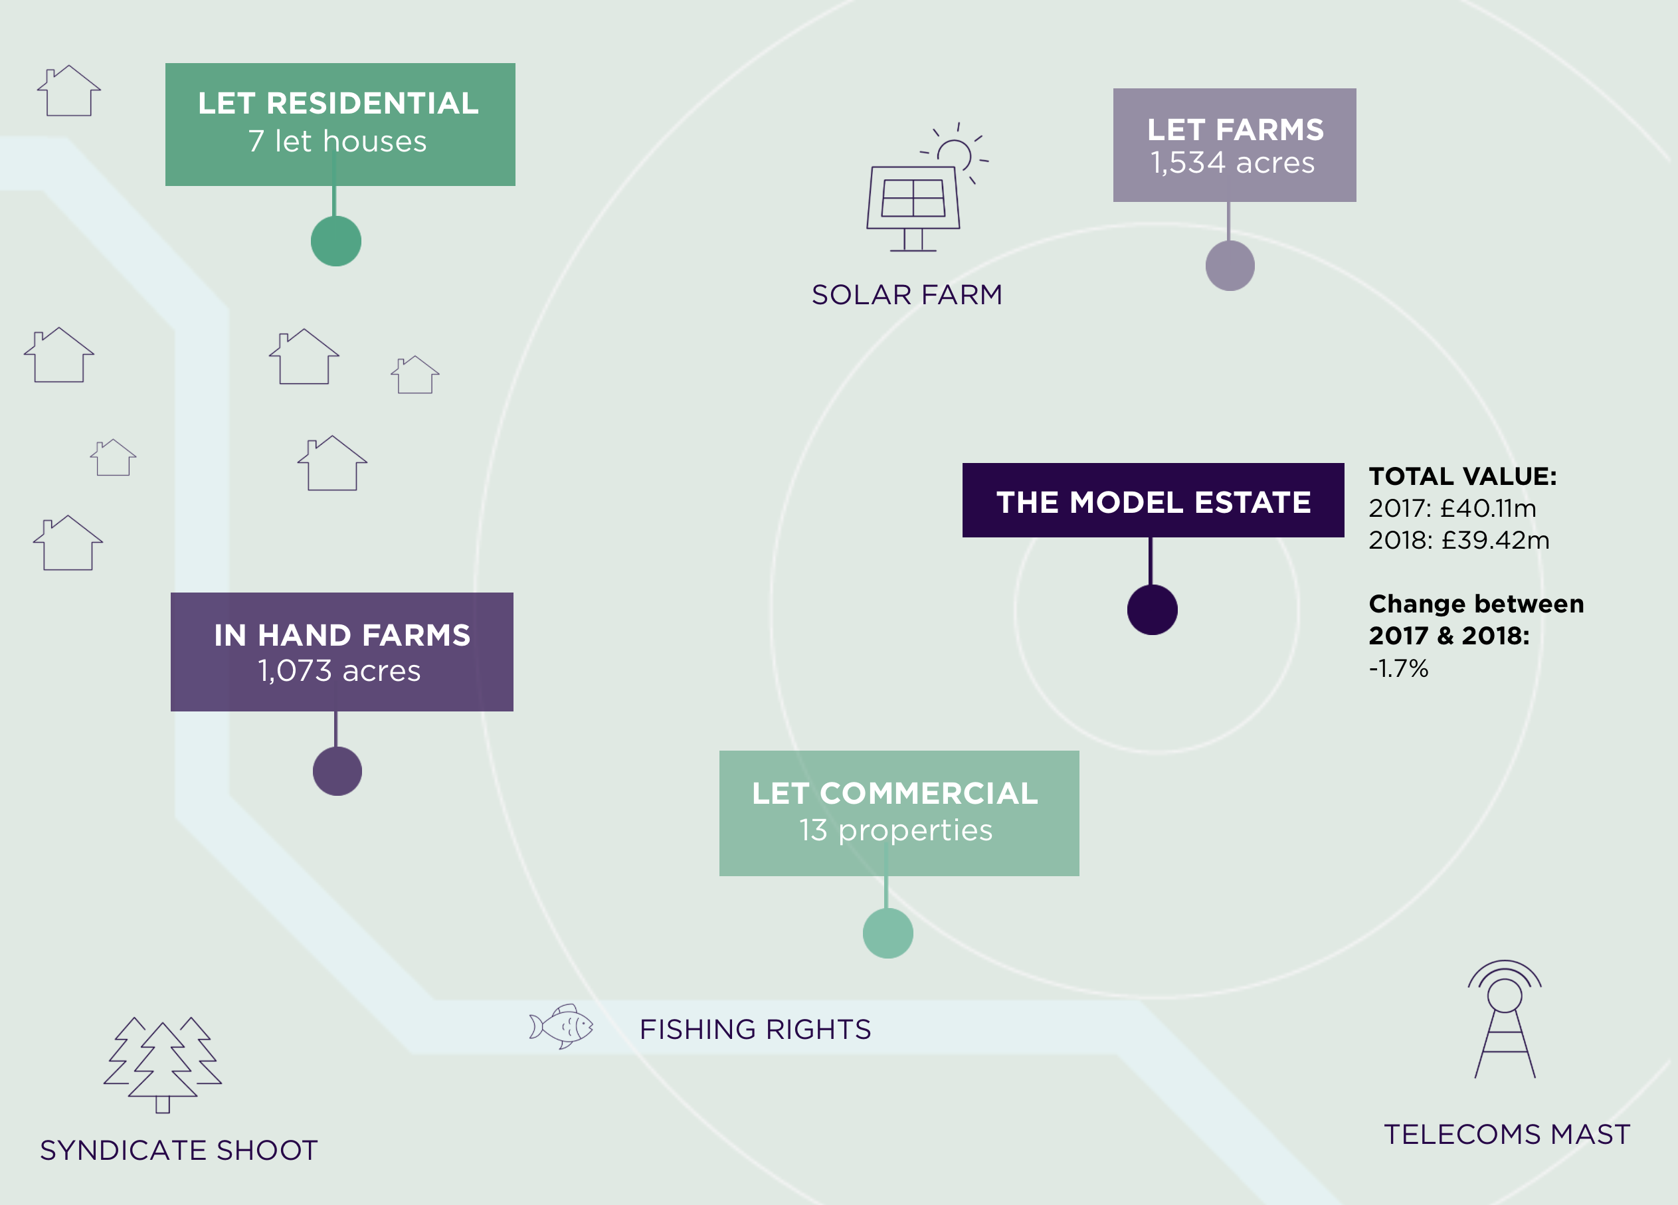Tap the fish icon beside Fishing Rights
(x=561, y=1026)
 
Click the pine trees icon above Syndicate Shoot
(x=163, y=1064)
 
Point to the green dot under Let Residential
(x=336, y=241)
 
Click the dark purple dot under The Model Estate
(x=1152, y=610)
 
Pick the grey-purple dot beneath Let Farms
(x=1230, y=266)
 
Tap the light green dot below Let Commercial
(x=888, y=933)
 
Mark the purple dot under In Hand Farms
(x=337, y=771)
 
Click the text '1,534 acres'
(x=1233, y=163)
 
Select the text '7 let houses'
(x=337, y=141)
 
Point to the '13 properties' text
(x=895, y=830)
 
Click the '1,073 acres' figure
(x=339, y=671)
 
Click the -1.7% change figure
(x=1398, y=669)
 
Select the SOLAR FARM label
(x=907, y=295)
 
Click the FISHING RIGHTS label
(x=755, y=1030)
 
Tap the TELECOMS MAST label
(x=1507, y=1135)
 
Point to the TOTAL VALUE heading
(x=1462, y=476)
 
